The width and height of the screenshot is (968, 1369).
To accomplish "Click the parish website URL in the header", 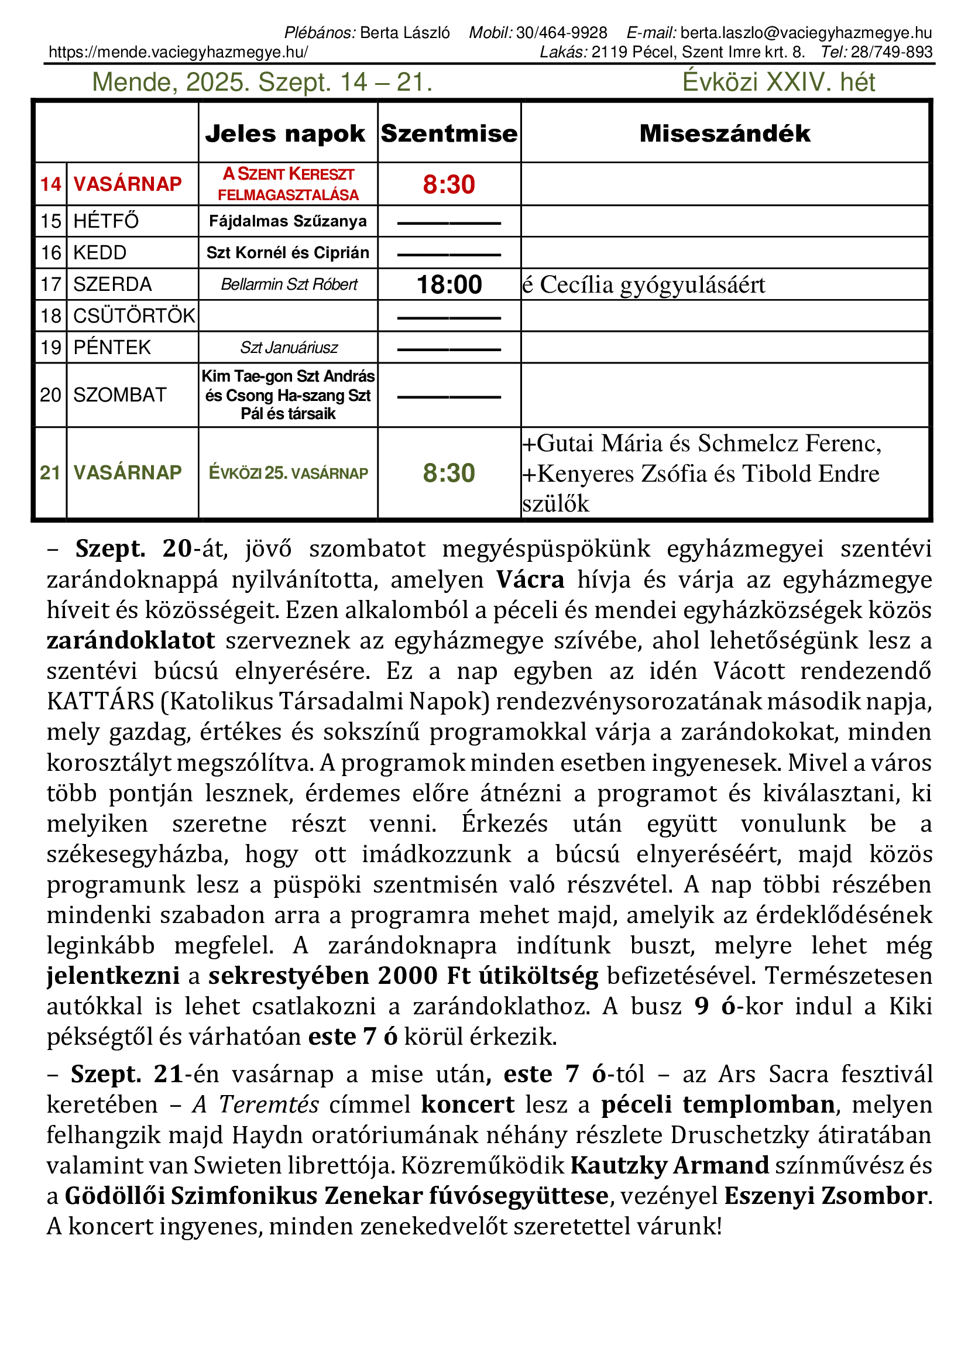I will click(179, 53).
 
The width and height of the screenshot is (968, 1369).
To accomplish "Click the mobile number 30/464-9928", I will click(561, 33).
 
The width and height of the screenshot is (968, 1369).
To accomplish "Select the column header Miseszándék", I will click(725, 133).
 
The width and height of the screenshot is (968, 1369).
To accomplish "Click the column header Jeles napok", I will click(285, 133).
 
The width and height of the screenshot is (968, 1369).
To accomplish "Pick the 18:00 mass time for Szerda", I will click(449, 285).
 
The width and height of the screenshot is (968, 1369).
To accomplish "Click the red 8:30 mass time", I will click(449, 185).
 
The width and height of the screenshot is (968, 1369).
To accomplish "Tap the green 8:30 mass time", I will click(449, 474).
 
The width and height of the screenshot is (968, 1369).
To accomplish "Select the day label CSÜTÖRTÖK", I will click(134, 316).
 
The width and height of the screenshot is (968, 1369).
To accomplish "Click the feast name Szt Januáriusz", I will click(289, 348).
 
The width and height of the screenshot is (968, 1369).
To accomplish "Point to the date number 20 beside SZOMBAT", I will click(51, 395).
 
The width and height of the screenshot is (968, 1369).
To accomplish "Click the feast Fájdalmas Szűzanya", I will click(288, 221).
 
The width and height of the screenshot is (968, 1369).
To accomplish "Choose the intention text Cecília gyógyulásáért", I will click(652, 285).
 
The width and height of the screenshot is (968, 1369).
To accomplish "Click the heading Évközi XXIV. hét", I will click(778, 83).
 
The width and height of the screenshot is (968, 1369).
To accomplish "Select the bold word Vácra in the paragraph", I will click(530, 579).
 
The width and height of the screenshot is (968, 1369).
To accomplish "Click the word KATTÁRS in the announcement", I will click(101, 702).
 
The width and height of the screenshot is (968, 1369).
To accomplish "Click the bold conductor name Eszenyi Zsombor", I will click(826, 1196).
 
